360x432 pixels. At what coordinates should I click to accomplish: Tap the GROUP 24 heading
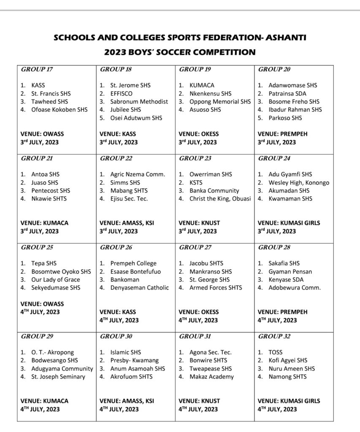[x=274, y=159]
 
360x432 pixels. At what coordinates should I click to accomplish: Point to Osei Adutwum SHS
[x=136, y=118]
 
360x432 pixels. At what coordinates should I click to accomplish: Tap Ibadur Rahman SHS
[x=295, y=110]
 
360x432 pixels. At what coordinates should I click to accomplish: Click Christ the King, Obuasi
[x=220, y=199]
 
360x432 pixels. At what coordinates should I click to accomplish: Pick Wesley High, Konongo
[x=299, y=183]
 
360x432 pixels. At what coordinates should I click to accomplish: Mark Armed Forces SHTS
[x=216, y=288]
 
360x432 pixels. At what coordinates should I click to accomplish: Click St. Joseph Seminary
[x=58, y=377]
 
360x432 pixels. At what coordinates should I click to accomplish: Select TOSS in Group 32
[x=276, y=352]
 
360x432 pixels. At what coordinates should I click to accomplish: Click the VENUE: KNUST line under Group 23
[x=199, y=223]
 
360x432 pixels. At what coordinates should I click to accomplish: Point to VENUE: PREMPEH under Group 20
[x=282, y=134]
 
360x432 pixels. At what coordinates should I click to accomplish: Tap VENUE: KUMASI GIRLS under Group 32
[x=289, y=401]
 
